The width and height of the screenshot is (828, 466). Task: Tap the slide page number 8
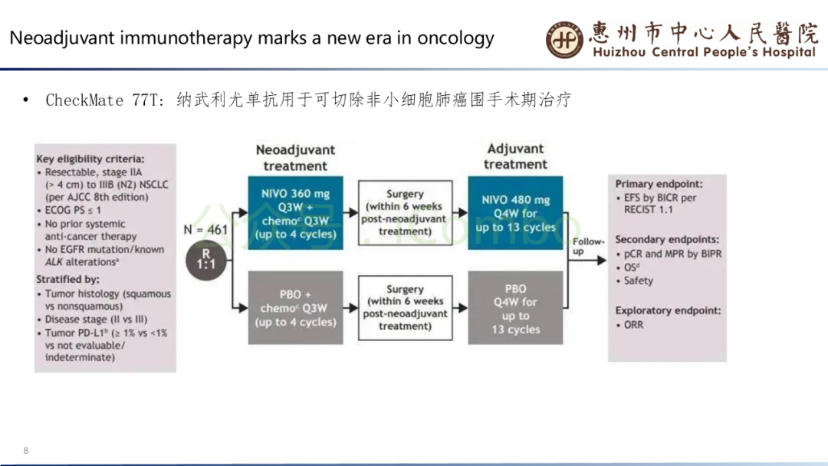coord(26,450)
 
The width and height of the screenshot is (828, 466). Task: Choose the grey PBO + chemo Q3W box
coord(295,308)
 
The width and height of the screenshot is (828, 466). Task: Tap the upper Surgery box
coord(405,213)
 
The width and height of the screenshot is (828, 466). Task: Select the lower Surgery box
coord(405,308)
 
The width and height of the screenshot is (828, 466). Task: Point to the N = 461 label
coord(206,229)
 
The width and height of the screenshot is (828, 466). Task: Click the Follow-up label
coord(588,246)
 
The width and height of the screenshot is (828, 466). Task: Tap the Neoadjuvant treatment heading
coord(295,158)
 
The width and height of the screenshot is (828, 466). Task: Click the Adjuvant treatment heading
coord(515,156)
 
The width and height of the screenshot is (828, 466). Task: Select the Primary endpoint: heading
coord(659,185)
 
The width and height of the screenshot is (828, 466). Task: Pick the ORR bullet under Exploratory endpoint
coord(633,325)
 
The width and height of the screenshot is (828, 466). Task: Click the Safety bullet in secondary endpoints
coord(638,281)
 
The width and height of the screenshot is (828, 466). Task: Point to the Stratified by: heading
coord(67,280)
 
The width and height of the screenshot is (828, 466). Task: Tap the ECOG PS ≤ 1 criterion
coord(73,210)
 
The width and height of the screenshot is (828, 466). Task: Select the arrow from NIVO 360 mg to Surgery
coord(350,213)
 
